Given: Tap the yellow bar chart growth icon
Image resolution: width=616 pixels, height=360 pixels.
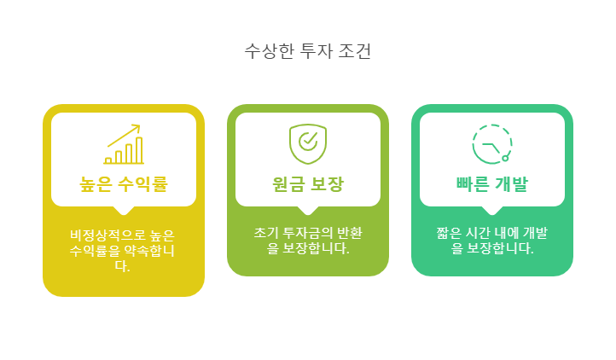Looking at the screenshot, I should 124,144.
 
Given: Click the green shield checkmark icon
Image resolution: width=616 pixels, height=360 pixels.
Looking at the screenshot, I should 308,143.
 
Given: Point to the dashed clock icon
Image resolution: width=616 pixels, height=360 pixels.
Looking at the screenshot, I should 492,143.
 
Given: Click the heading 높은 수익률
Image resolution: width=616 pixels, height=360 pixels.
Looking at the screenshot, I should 124,183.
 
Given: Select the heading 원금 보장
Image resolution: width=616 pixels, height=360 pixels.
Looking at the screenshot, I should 308,183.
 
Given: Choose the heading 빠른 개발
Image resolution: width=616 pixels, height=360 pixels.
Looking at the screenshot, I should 492,183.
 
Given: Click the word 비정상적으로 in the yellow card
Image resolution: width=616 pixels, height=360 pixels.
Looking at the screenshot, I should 104,235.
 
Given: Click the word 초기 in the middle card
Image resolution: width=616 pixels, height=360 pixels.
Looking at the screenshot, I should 265,233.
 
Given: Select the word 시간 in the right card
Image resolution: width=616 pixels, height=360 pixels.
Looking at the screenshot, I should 479,233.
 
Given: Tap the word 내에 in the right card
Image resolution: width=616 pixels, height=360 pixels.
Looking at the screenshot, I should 508,233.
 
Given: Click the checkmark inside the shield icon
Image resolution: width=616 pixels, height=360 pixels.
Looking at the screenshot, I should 309,141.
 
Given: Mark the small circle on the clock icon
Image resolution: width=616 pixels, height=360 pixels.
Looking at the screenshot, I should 506,158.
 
